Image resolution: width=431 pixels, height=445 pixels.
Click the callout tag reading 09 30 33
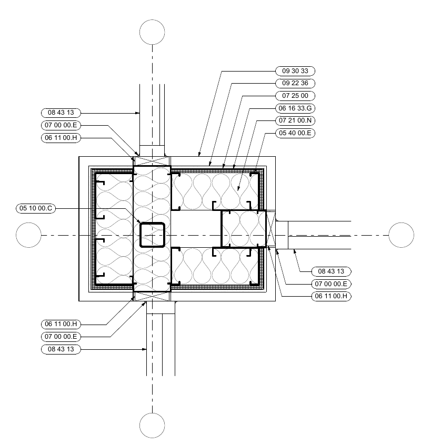pos(295,70)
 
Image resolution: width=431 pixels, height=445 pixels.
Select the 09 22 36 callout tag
pos(295,83)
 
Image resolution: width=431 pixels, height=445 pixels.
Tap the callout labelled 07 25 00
pos(295,96)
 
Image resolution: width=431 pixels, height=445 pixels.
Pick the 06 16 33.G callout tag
pos(295,108)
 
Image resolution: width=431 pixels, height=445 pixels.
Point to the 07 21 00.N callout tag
pos(295,120)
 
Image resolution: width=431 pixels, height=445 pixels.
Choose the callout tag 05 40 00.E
pos(295,133)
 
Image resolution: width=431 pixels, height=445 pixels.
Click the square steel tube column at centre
pos(153,235)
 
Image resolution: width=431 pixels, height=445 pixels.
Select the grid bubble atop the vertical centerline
pos(152,32)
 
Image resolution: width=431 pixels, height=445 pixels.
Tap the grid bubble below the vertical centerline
pos(152,425)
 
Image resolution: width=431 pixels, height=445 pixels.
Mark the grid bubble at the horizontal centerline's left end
pos(28,235)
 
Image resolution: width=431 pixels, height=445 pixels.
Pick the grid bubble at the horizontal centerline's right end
pos(401,235)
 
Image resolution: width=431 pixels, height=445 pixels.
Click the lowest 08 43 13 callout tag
pos(61,349)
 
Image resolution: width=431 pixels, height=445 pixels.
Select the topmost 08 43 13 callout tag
pos(61,113)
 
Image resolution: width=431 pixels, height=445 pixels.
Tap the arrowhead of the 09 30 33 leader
pos(199,156)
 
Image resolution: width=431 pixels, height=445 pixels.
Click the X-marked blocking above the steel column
pos(152,161)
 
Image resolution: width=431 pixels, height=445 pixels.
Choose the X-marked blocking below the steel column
pos(152,297)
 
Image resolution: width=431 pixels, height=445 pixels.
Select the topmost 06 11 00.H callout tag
pos(61,138)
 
